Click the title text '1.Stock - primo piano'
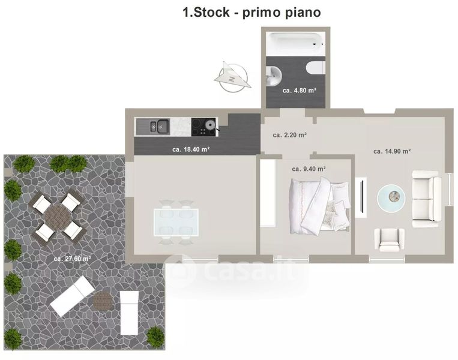(x=252, y=12)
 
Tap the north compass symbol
(x=233, y=77)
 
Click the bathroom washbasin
(x=274, y=76)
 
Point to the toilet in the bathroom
(x=316, y=68)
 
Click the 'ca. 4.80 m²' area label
(x=300, y=91)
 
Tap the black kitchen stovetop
(x=204, y=127)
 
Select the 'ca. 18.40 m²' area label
(x=191, y=149)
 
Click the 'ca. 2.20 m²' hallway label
(x=289, y=135)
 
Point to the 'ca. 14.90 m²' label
(x=392, y=151)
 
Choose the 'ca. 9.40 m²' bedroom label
(x=309, y=169)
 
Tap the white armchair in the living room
(x=390, y=239)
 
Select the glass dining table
(x=176, y=222)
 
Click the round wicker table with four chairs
(x=58, y=217)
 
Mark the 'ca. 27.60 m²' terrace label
(x=72, y=259)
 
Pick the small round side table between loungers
(x=104, y=301)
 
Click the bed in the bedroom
(x=319, y=206)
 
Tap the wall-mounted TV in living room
(x=361, y=197)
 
